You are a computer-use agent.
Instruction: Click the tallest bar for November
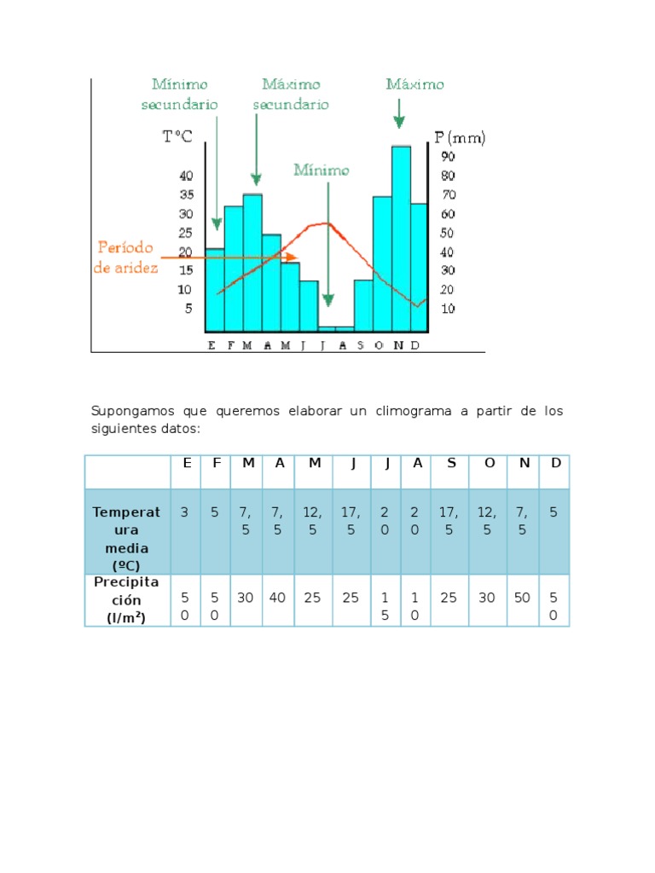[x=401, y=239]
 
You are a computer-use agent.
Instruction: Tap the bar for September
[x=363, y=305]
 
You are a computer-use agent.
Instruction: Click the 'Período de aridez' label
[x=125, y=257]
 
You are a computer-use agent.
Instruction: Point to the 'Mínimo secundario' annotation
[x=185, y=94]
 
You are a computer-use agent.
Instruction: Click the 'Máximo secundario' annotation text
[x=291, y=94]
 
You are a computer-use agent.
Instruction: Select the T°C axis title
[x=177, y=137]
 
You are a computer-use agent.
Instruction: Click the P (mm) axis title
[x=459, y=137]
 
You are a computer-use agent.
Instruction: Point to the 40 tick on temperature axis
[x=185, y=176]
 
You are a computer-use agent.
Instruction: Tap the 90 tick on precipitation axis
[x=448, y=157]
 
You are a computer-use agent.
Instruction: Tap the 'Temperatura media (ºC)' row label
[x=126, y=530]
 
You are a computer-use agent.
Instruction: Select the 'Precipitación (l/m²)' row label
[x=126, y=599]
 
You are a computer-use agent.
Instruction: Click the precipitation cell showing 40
[x=277, y=598]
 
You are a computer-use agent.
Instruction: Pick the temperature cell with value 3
[x=185, y=512]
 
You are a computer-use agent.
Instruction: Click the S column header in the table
[x=451, y=462]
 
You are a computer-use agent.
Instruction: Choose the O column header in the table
[x=489, y=462]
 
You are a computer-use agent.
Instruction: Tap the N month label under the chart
[x=400, y=344]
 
